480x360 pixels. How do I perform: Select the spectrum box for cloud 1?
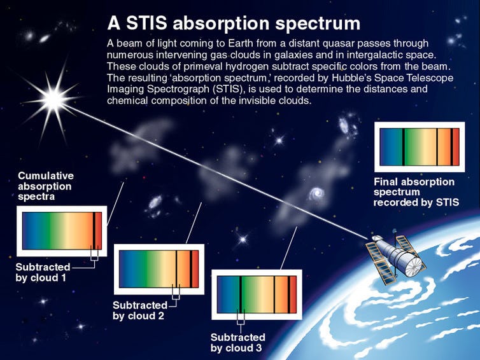click(62, 230)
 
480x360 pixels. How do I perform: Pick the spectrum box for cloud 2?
click(159, 268)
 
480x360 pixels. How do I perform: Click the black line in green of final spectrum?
click(403, 146)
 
